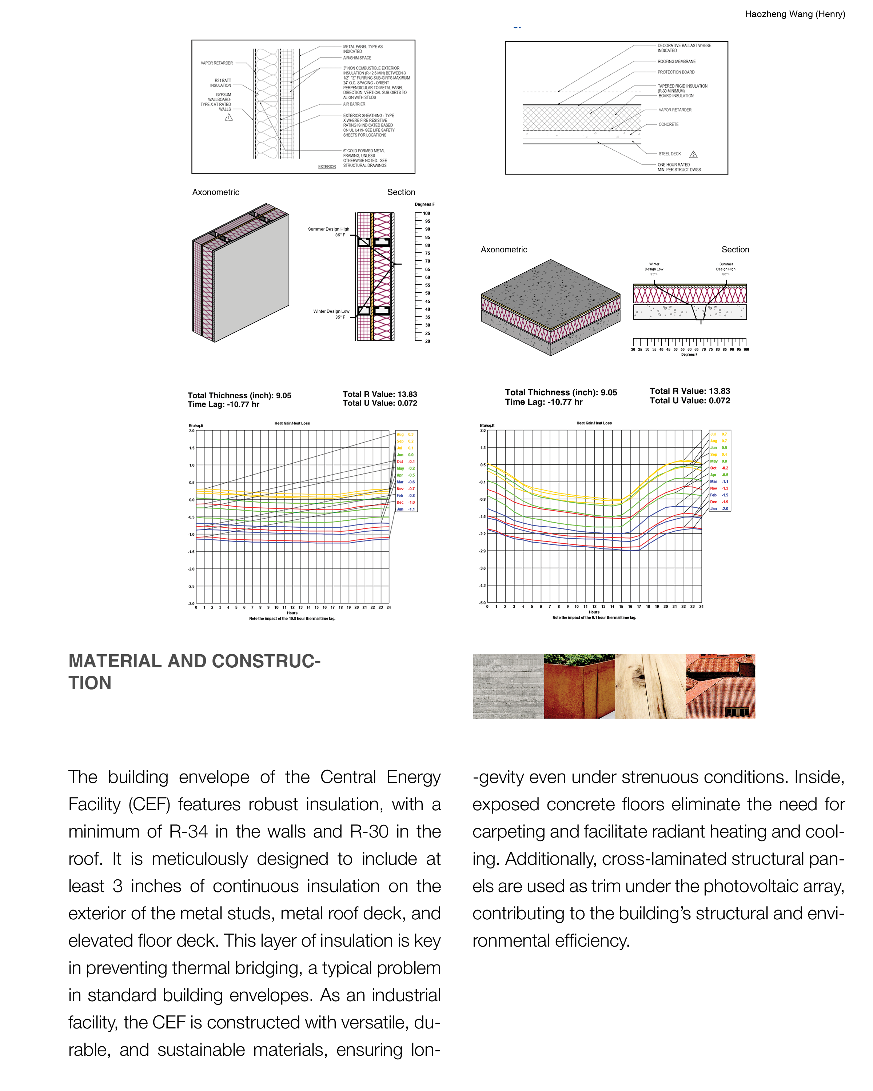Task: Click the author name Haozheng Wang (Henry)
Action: (794, 14)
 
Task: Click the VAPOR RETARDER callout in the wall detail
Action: (216, 63)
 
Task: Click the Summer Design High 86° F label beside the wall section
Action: (328, 232)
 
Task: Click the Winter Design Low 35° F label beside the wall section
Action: (331, 314)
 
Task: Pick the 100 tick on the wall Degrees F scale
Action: (427, 213)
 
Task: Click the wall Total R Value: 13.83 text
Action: (379, 394)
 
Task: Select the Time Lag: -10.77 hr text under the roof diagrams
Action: (543, 402)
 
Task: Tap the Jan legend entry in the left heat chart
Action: (404, 509)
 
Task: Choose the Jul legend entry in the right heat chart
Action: (718, 434)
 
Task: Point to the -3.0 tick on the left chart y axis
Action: (191, 604)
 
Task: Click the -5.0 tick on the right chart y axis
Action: (482, 603)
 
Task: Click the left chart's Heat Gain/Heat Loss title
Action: (292, 423)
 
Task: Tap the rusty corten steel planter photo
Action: (579, 686)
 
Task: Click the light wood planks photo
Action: (650, 686)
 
